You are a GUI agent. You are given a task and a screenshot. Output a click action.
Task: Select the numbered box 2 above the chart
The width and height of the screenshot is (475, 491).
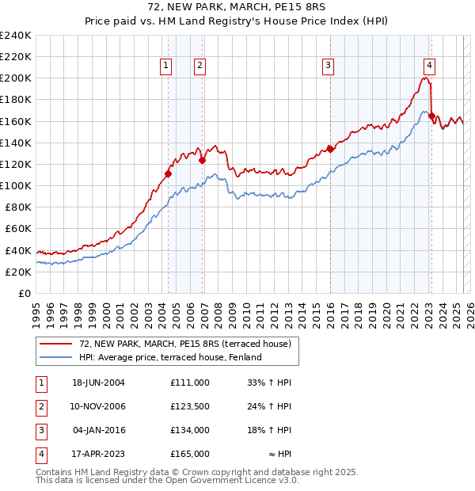coord(200,67)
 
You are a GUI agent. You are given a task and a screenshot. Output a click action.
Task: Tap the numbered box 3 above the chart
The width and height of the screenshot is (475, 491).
coord(328,67)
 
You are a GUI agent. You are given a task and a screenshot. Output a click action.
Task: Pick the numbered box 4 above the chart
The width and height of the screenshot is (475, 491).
coord(428,67)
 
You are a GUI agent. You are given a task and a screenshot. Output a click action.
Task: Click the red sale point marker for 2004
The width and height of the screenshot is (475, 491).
coord(168,173)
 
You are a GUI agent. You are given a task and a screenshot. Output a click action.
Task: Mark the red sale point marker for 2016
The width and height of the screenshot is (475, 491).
coord(329,149)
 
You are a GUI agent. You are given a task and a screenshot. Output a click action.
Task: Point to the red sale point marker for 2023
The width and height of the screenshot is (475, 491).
coord(431,116)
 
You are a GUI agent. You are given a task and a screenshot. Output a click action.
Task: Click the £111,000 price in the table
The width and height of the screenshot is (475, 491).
coord(190,383)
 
